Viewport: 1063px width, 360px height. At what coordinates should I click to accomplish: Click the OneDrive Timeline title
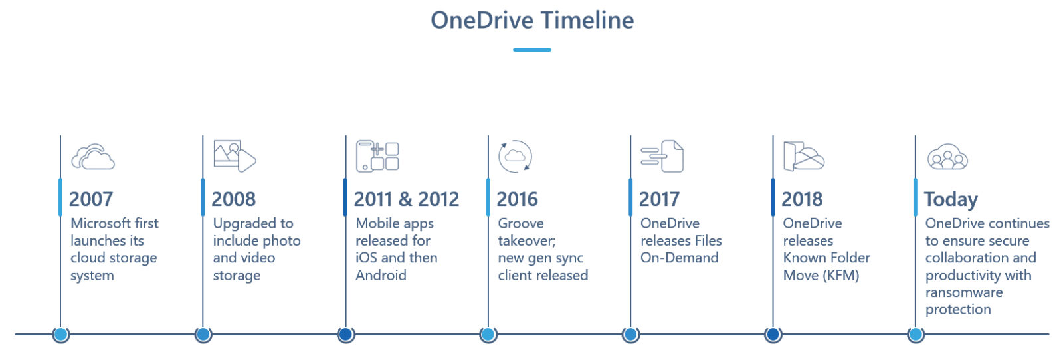532,20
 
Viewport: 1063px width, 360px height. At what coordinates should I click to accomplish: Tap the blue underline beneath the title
532,50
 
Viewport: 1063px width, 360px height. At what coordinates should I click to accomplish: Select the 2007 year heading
91,199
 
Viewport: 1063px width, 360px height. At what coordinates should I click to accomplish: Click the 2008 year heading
233,199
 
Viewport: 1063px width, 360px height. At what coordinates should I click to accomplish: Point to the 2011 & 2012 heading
406,199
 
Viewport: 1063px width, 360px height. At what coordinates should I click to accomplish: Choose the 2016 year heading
518,199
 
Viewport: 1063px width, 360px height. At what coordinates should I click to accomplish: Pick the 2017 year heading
659,199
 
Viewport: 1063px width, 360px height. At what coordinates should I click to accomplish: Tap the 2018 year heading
802,199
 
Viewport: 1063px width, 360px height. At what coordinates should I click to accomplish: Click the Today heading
951,199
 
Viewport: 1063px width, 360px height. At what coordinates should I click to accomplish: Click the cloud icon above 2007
93,157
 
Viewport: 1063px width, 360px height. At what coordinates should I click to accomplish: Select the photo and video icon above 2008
235,156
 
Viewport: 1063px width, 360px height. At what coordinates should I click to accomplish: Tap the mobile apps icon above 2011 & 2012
377,156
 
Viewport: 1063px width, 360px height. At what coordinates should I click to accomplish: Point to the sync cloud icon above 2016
515,157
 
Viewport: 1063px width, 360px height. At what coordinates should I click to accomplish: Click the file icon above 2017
662,156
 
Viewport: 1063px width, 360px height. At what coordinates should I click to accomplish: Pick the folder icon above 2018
803,157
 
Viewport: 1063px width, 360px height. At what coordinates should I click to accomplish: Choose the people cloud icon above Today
947,157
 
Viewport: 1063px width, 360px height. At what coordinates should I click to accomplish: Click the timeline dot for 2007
61,335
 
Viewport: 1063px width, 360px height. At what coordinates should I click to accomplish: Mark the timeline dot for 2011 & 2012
345,335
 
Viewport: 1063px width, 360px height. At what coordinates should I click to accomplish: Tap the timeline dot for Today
916,335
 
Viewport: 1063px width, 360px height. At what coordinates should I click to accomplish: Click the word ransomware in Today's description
964,292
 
